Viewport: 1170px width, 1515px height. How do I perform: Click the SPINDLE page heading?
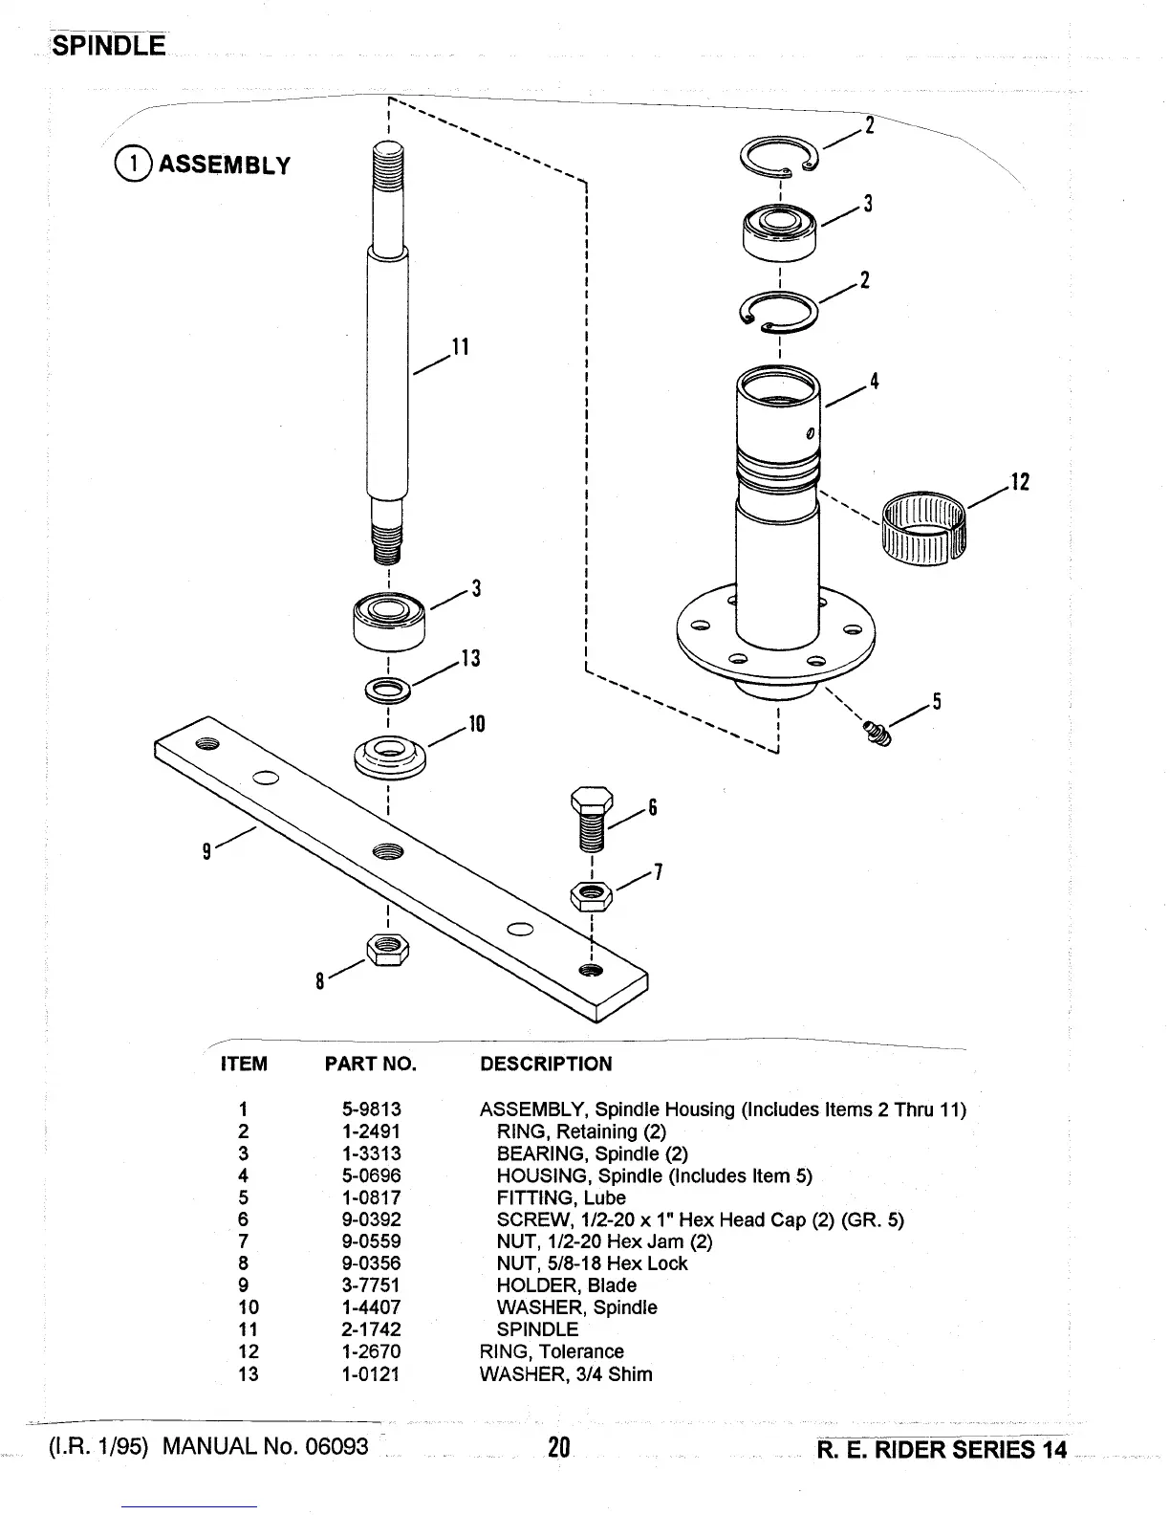(x=109, y=45)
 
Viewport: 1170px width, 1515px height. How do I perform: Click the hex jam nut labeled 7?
(x=591, y=895)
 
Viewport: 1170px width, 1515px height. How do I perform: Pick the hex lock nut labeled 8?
(x=388, y=950)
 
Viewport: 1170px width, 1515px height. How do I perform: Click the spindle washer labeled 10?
(x=389, y=757)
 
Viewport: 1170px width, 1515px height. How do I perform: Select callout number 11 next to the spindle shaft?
(x=461, y=346)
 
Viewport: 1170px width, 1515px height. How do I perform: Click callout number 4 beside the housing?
(x=873, y=382)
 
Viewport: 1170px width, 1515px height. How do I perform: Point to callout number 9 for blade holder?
(x=206, y=848)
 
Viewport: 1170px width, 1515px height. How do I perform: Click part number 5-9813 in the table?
(x=371, y=1109)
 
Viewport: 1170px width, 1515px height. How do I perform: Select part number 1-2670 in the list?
(x=371, y=1351)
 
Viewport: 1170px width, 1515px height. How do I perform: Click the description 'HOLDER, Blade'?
(x=566, y=1285)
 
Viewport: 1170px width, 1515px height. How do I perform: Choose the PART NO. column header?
(x=371, y=1065)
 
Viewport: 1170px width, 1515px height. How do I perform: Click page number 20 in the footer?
(x=559, y=1448)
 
